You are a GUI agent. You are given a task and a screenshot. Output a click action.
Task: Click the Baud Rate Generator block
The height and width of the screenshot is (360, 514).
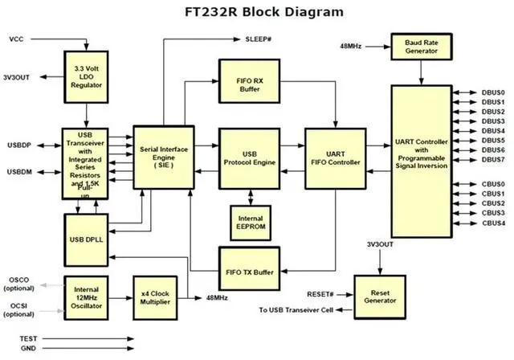422,47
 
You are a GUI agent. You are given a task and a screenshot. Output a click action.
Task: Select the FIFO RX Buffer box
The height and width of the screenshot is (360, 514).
250,81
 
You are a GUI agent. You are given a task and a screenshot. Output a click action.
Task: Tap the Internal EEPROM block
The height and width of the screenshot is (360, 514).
251,223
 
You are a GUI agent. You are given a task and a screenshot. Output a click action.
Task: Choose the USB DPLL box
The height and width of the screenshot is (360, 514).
86,240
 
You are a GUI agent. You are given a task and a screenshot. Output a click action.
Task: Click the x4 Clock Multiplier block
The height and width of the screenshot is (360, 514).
155,297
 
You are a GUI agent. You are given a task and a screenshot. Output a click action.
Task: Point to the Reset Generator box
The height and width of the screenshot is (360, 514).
380,297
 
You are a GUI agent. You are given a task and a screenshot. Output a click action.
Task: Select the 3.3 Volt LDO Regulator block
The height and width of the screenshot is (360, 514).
86,77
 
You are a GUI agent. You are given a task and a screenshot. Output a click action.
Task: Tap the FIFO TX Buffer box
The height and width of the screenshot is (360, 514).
250,269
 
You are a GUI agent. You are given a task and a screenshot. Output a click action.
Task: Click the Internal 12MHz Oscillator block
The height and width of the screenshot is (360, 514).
86,297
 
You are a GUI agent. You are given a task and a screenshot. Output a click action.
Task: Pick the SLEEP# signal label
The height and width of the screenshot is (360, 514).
259,39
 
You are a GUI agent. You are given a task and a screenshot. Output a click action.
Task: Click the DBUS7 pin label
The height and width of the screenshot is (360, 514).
493,160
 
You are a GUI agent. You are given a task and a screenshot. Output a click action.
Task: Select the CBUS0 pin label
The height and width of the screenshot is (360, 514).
493,184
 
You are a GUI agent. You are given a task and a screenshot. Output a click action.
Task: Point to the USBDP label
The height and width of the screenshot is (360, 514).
19,145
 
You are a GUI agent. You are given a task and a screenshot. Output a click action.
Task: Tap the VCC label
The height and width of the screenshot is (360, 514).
16,39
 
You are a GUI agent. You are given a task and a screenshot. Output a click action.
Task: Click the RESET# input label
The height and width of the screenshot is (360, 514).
320,294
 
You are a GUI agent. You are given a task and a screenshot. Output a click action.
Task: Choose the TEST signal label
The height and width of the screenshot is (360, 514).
28,338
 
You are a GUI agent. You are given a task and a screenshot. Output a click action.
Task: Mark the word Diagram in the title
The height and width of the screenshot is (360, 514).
314,12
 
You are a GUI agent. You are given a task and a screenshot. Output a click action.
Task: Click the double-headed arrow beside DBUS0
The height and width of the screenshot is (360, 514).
465,92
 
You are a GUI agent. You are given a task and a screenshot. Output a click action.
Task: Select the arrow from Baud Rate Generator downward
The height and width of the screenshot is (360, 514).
422,72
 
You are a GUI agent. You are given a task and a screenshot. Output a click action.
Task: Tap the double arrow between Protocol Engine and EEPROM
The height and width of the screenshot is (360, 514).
251,198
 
